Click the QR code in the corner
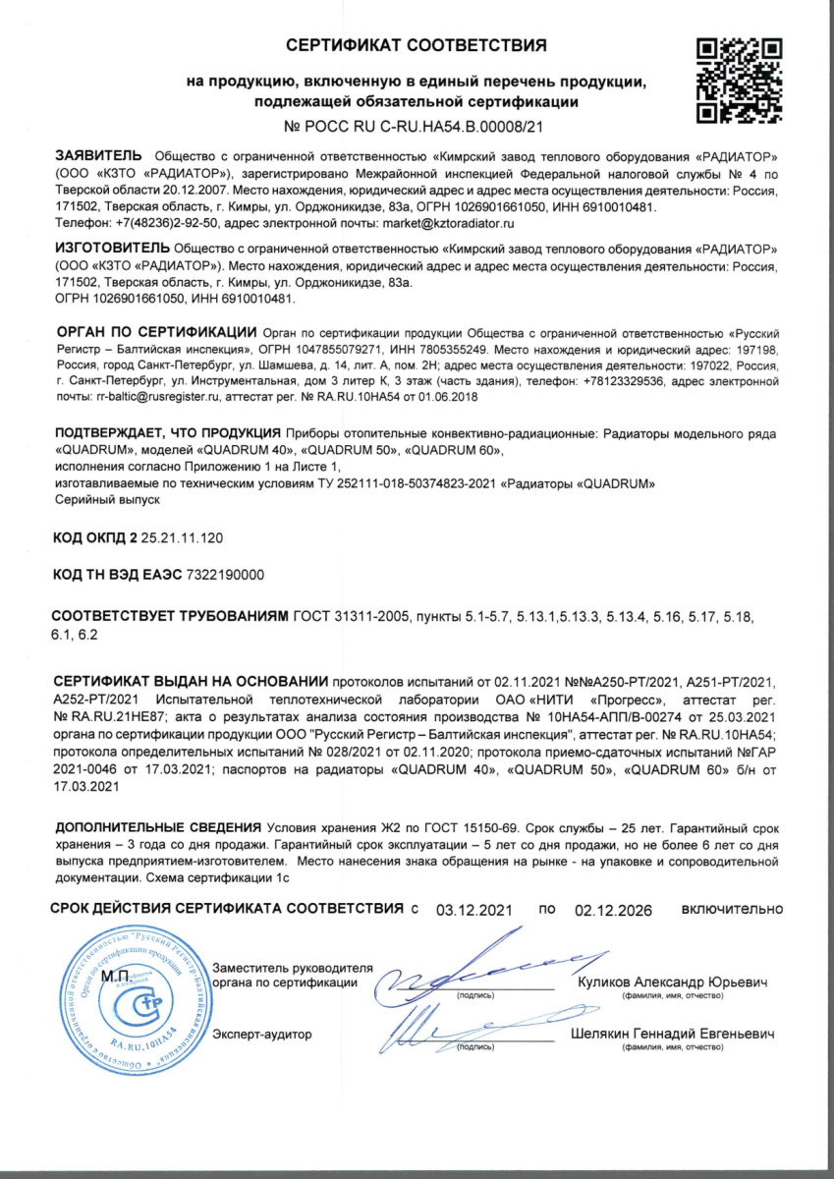pos(739,82)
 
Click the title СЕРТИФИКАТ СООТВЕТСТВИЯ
pos(417,46)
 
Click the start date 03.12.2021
pos(475,910)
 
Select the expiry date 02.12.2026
pos(614,910)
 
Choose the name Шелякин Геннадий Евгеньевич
pos(672,1034)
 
